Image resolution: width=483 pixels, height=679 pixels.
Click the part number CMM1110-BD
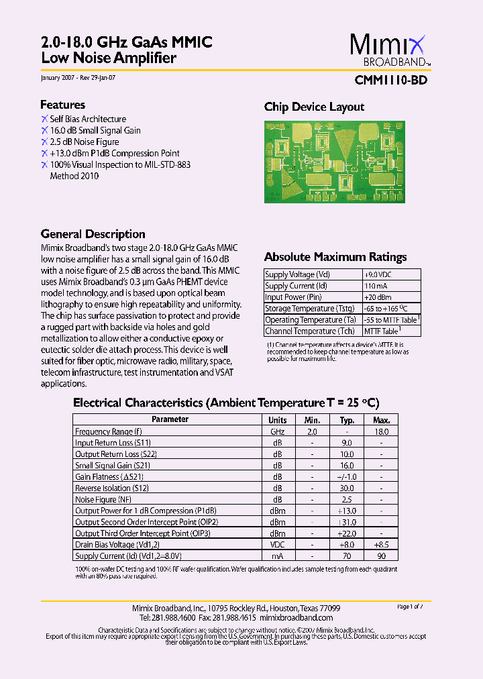coord(390,80)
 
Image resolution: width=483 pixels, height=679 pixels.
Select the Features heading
coord(62,105)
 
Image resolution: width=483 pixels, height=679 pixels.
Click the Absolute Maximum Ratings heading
coord(335,257)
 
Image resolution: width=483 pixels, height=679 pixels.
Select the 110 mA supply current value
coord(373,286)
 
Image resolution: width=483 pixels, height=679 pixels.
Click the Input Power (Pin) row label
coord(293,297)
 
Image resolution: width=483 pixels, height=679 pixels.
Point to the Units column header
coord(277,420)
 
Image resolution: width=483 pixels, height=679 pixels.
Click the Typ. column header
coord(347,420)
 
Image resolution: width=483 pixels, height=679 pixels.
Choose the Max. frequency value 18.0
coord(381,432)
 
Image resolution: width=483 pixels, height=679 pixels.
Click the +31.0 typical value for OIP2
coord(346,523)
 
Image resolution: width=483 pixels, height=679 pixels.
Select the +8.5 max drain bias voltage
coord(381,545)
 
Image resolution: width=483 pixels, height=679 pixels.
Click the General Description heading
coord(93,234)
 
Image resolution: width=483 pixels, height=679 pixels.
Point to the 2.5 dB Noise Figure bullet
coord(85,142)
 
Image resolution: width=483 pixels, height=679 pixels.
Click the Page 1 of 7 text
coord(410,607)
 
